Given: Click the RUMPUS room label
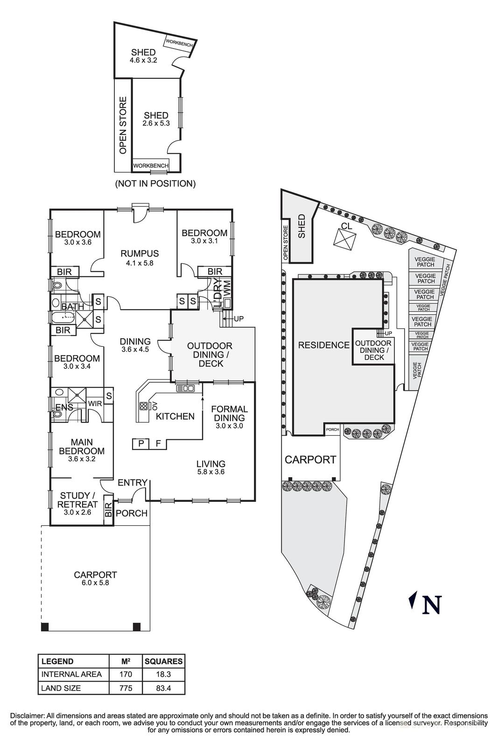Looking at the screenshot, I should [x=140, y=254].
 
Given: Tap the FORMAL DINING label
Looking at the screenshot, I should [x=229, y=414].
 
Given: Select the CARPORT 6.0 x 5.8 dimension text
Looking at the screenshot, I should [x=95, y=583].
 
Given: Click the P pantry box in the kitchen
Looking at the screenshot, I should [x=140, y=444].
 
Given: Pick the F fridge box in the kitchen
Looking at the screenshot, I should [x=158, y=444].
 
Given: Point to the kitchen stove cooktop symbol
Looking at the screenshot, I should [x=143, y=406].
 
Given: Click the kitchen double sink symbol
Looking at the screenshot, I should [x=185, y=388].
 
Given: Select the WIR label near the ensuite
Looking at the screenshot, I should [x=96, y=403].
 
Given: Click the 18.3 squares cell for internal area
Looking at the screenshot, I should [x=163, y=674].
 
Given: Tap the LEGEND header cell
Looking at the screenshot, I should [x=57, y=661].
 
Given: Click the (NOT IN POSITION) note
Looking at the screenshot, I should [x=155, y=183].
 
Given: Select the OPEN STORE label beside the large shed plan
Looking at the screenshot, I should [x=123, y=125].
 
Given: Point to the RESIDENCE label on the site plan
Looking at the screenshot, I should [x=323, y=345].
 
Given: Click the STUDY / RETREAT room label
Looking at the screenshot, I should [x=77, y=500].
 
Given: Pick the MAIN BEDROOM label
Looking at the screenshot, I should [x=82, y=447].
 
